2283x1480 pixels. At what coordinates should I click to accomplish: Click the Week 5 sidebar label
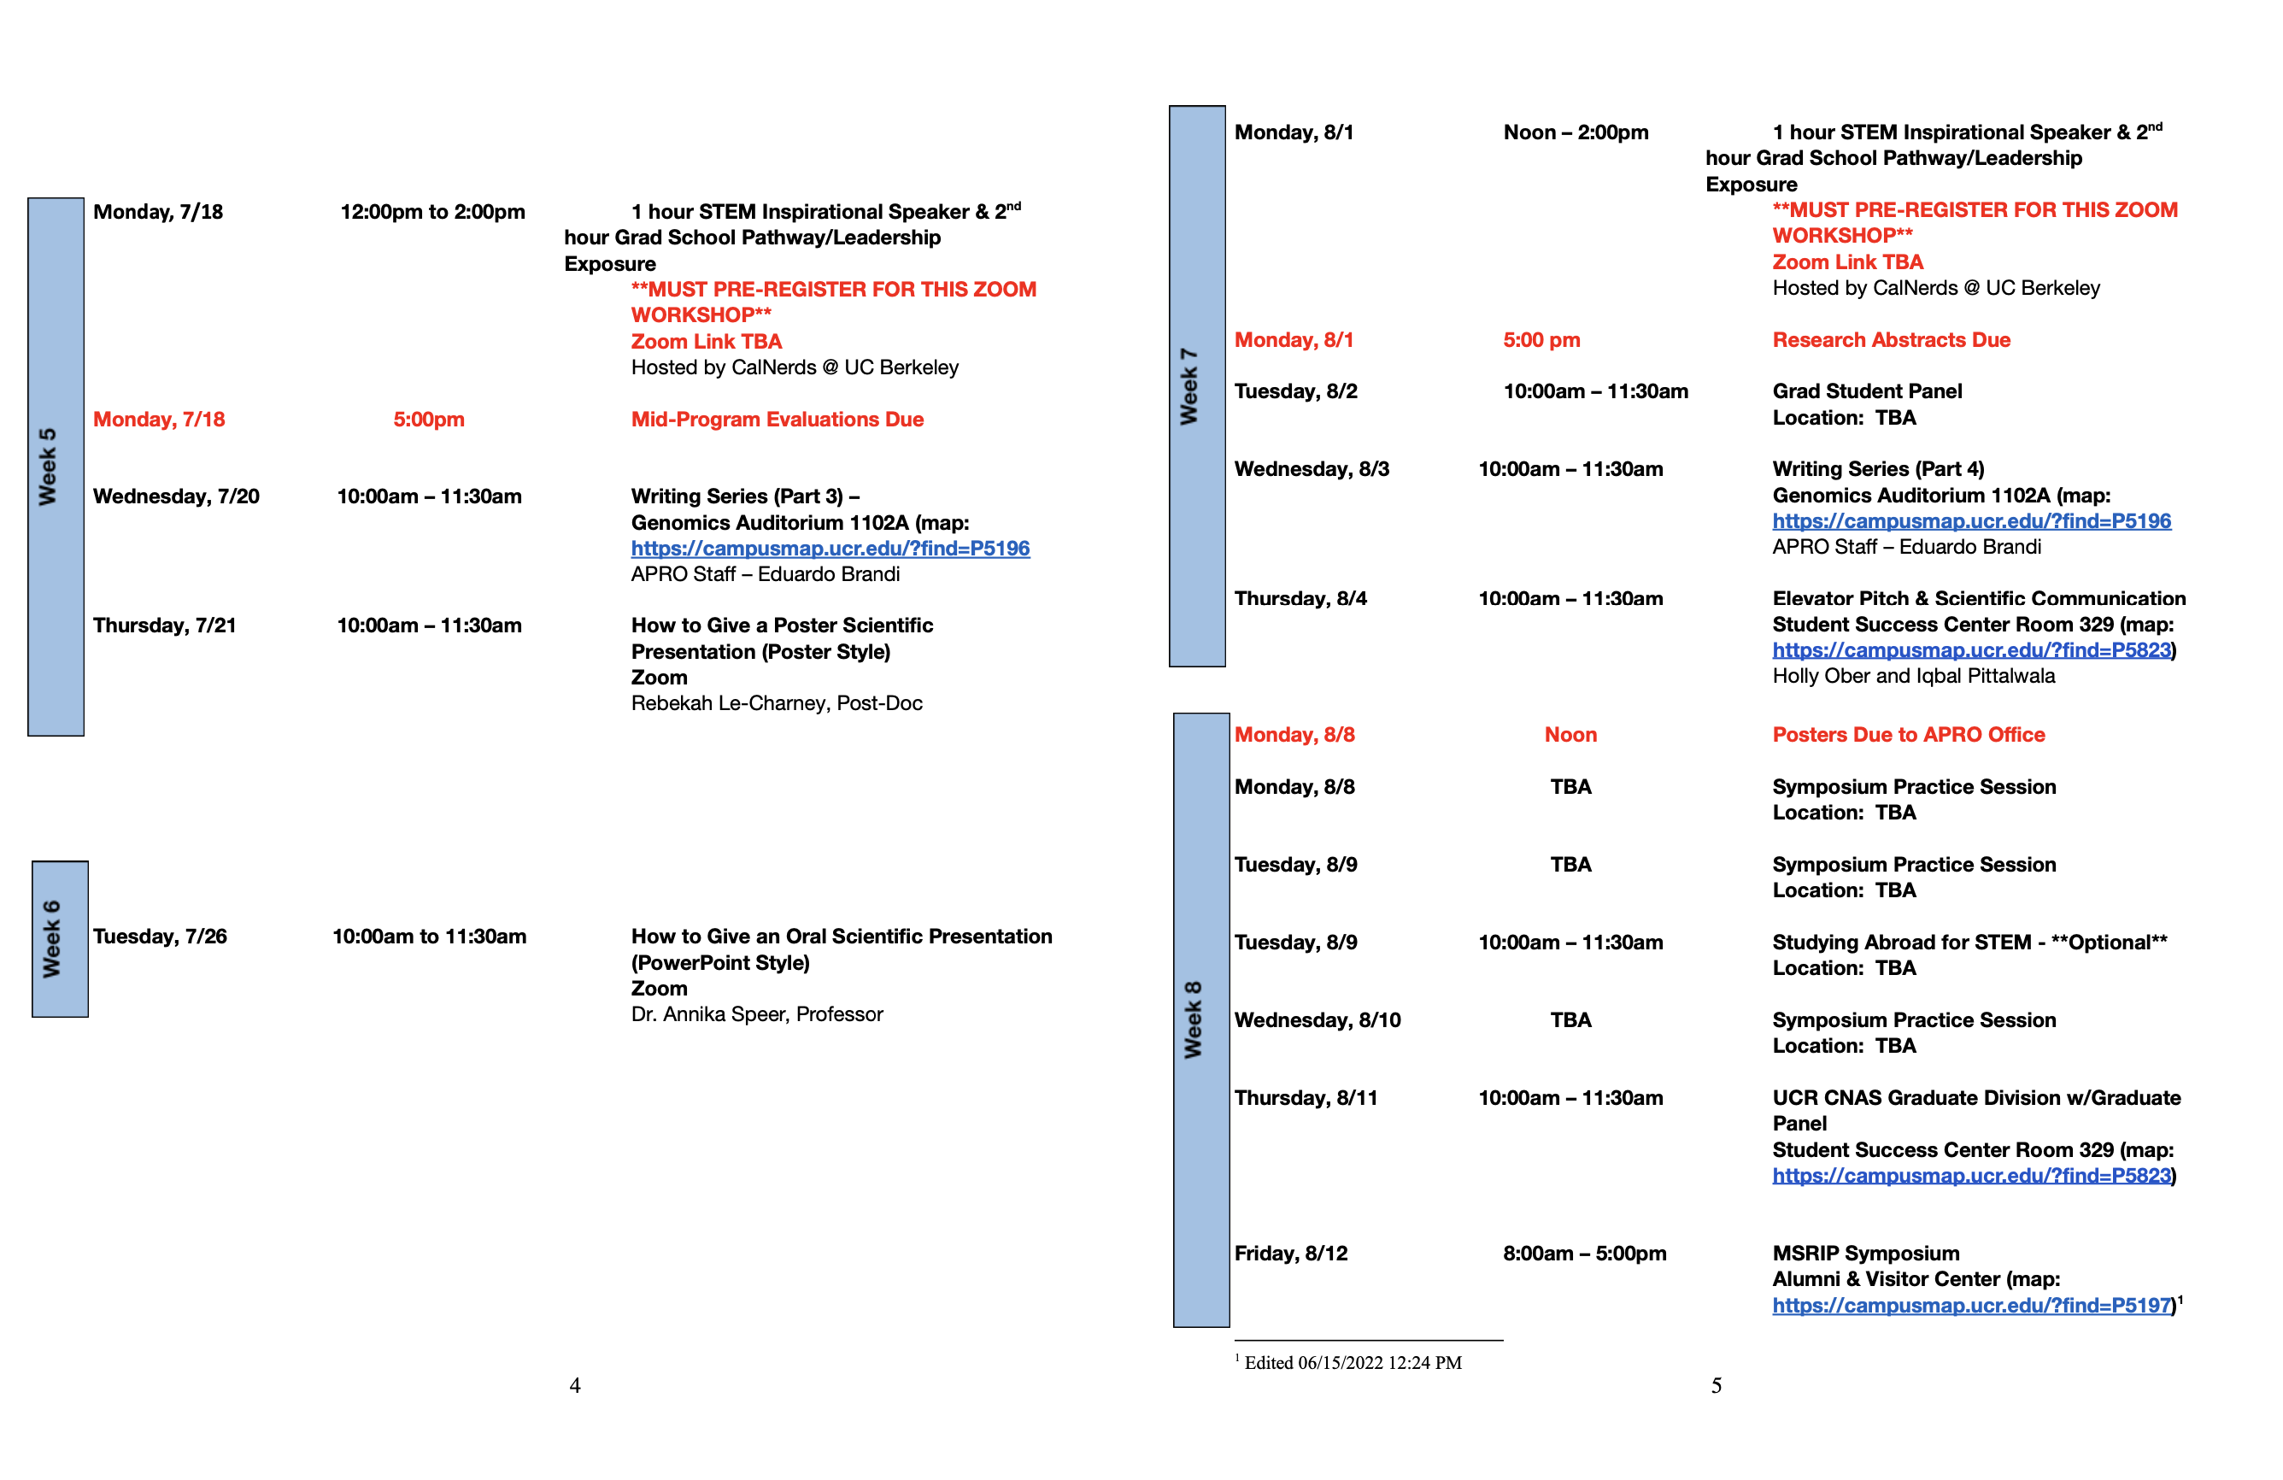(x=47, y=467)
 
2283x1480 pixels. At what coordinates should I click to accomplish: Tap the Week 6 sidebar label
(x=52, y=938)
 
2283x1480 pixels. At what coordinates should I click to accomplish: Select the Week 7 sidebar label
(x=1188, y=385)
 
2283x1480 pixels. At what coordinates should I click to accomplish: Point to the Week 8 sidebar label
(x=1193, y=1019)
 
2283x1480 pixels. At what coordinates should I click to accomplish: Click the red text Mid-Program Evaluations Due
(x=777, y=420)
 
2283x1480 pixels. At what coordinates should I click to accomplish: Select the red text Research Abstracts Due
(x=1891, y=339)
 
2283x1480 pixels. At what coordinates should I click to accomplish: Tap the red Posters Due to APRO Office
(x=1908, y=735)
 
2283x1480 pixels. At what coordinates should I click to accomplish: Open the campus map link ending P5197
(x=1971, y=1305)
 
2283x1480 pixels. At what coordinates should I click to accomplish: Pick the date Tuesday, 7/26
(x=160, y=937)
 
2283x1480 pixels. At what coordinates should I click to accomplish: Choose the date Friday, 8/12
(x=1290, y=1253)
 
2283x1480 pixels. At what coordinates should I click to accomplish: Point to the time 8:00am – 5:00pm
(x=1584, y=1253)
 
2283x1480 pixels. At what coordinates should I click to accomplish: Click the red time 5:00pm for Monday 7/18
(x=429, y=420)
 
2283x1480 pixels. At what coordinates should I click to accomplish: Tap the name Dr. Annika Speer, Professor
(x=757, y=1013)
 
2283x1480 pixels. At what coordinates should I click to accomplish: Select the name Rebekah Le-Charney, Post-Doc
(x=776, y=703)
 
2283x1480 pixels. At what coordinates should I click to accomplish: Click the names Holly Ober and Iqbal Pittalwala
(x=1913, y=675)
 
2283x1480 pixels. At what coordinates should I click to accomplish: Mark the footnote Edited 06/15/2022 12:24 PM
(x=1353, y=1362)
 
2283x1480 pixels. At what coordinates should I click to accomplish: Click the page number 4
(x=574, y=1385)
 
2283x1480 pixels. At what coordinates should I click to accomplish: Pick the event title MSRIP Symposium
(x=1866, y=1253)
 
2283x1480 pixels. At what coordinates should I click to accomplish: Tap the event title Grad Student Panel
(x=1867, y=391)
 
